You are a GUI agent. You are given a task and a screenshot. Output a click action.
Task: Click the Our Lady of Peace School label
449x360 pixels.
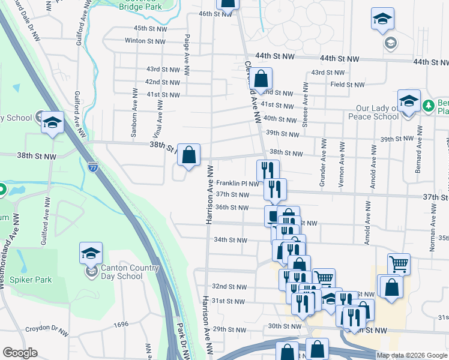click(377, 112)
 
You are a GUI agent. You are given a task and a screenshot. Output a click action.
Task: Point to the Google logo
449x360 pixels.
click(20, 353)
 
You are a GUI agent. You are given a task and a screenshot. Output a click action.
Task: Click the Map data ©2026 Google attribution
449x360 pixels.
click(412, 355)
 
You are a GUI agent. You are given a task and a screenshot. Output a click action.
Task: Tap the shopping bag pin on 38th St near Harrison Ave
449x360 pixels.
click(188, 155)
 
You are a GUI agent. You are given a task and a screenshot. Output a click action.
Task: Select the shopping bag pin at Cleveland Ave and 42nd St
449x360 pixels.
click(261, 79)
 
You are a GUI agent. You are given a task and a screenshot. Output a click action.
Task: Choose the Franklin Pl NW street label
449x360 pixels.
click(238, 184)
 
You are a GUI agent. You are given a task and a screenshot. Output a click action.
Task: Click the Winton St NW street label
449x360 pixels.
click(145, 41)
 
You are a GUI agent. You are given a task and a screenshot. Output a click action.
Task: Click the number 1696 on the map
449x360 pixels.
click(121, 324)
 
